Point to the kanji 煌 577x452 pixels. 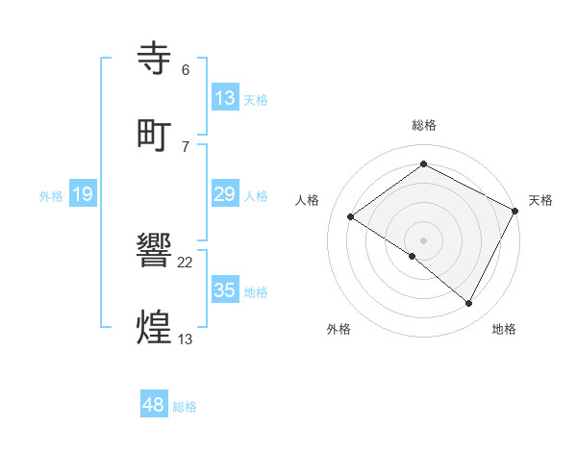[x=156, y=327]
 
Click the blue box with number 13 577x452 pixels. [x=224, y=97]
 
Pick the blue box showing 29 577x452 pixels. [x=224, y=194]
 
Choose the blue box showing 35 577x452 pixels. [x=224, y=290]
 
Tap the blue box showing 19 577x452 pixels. [x=83, y=194]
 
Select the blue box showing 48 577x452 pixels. [x=154, y=405]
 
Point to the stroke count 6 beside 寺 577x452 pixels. [x=185, y=70]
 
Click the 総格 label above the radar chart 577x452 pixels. [x=423, y=125]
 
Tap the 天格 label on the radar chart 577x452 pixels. [x=540, y=200]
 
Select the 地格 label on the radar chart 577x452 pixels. [x=504, y=329]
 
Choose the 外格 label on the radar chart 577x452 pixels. [x=339, y=329]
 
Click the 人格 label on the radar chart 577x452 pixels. [x=307, y=200]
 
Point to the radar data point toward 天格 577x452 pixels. [x=515, y=210]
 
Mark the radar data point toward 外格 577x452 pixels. [x=412, y=256]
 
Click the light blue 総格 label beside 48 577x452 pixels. [x=185, y=407]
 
